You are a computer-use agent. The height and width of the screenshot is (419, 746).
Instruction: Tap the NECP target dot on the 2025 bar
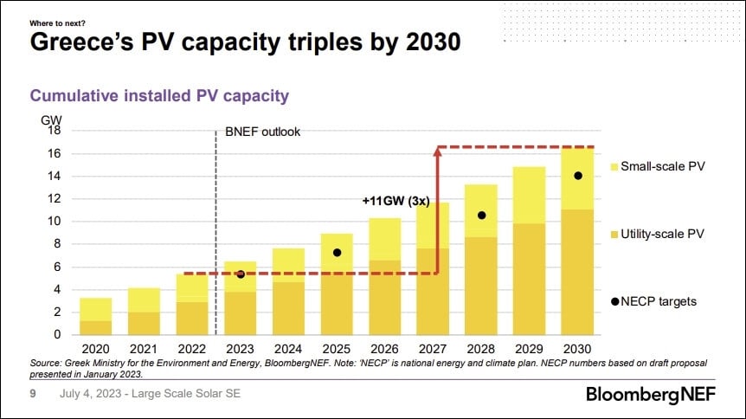[338, 253]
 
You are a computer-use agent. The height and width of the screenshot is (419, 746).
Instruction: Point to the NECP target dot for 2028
[482, 215]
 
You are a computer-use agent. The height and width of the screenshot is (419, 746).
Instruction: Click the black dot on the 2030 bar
[577, 176]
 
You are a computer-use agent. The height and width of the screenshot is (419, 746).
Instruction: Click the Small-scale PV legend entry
[658, 166]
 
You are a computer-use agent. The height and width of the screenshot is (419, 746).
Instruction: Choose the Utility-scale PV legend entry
[658, 235]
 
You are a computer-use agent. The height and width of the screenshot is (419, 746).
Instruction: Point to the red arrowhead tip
[438, 150]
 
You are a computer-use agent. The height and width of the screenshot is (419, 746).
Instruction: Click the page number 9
[33, 394]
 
